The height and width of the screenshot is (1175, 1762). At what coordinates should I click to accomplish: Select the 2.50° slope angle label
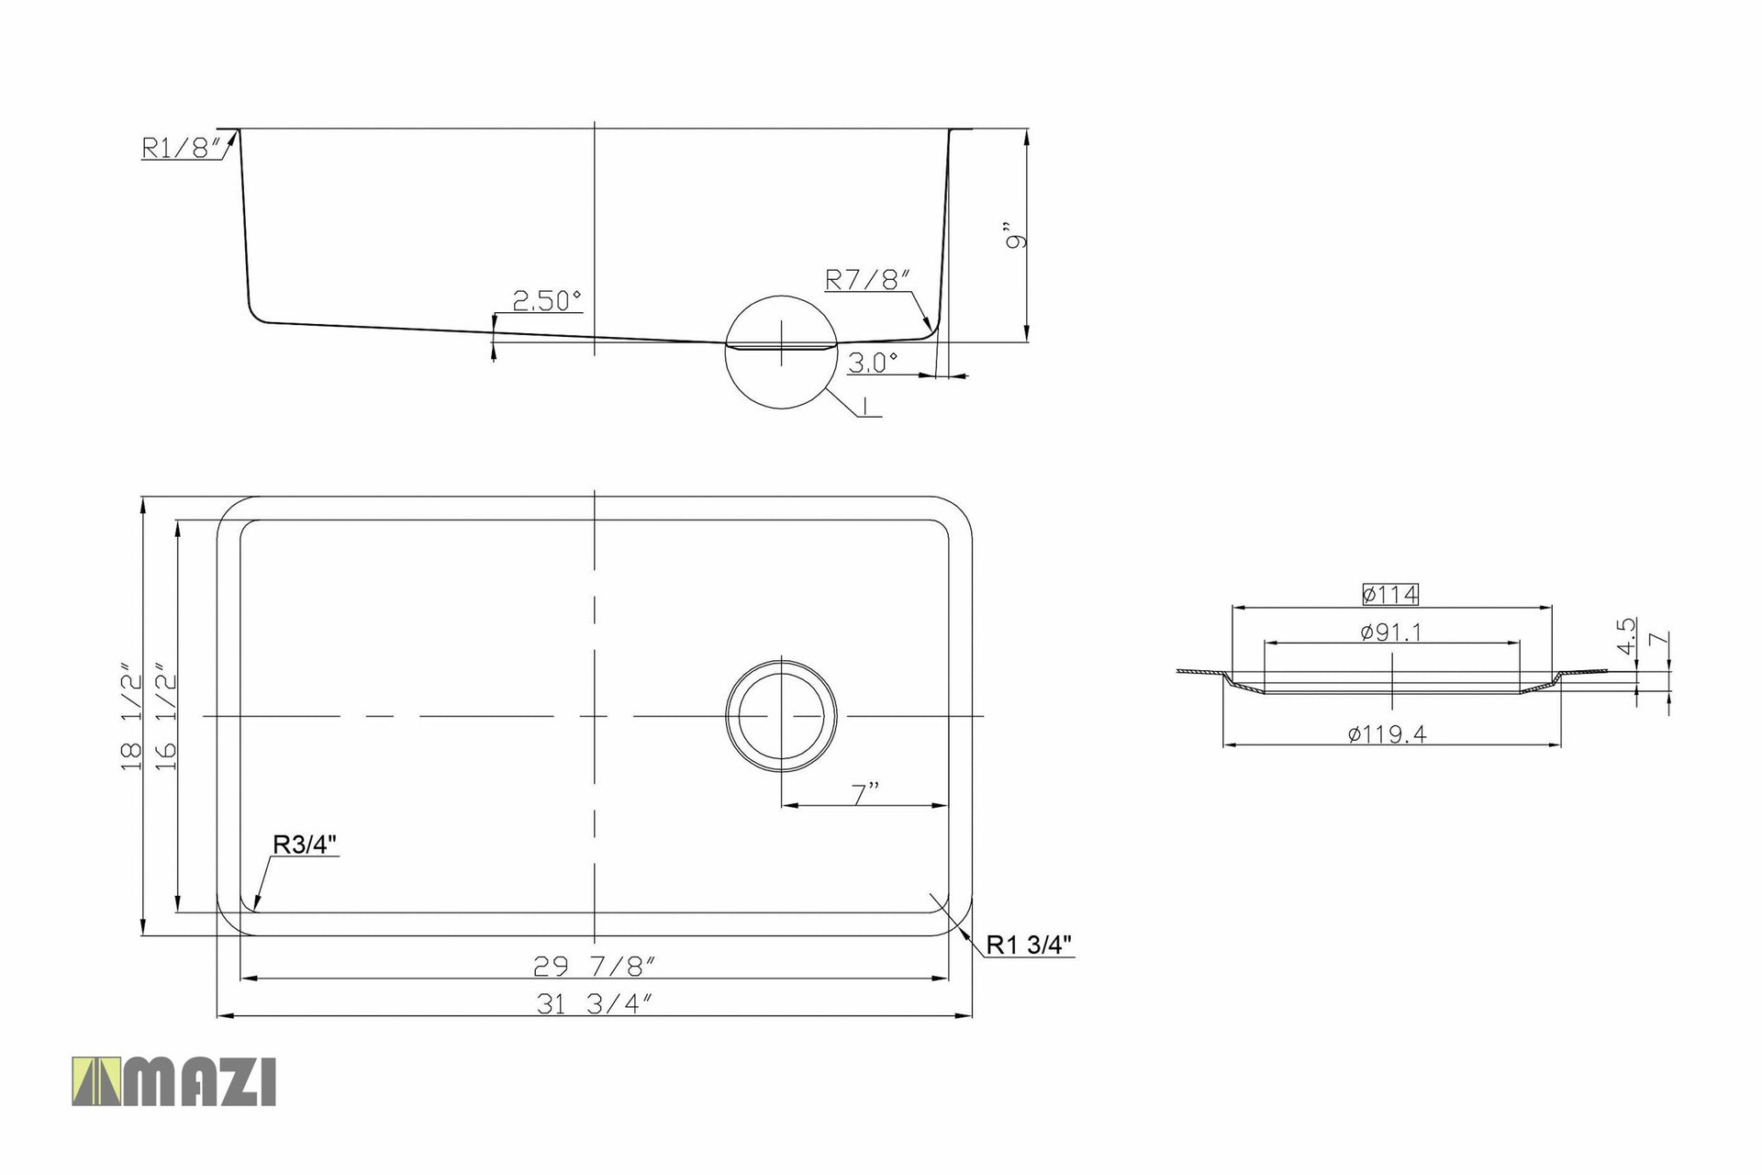tap(547, 300)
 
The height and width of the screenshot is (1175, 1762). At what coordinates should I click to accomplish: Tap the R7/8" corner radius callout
tap(867, 279)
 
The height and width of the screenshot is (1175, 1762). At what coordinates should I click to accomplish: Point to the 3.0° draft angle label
tap(872, 363)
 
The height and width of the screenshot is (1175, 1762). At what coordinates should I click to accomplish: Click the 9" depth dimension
tap(1015, 236)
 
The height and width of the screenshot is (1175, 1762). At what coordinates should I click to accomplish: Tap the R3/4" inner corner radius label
tap(306, 844)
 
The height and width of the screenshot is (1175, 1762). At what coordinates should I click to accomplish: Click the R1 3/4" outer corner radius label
tap(1029, 945)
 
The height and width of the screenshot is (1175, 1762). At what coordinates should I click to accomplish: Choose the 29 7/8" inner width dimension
tap(594, 966)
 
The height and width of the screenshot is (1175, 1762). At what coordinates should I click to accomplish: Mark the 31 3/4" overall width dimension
tap(594, 1004)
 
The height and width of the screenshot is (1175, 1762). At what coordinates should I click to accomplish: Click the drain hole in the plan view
tap(781, 714)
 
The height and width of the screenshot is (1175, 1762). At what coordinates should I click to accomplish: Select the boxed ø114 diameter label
tap(1390, 595)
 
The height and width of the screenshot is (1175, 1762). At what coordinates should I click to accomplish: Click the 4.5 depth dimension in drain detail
tap(1626, 635)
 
